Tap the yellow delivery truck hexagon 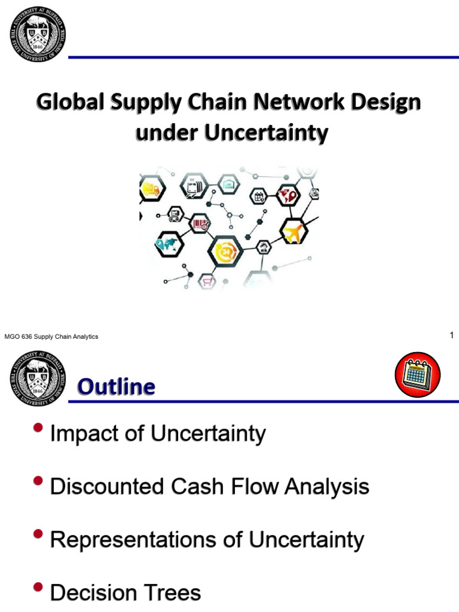click(149, 191)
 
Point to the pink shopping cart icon click(207, 280)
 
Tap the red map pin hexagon click(290, 194)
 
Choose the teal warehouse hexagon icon click(228, 185)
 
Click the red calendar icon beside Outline click(417, 375)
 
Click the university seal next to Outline click(38, 378)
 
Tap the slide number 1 click(452, 336)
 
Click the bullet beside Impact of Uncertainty click(39, 428)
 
